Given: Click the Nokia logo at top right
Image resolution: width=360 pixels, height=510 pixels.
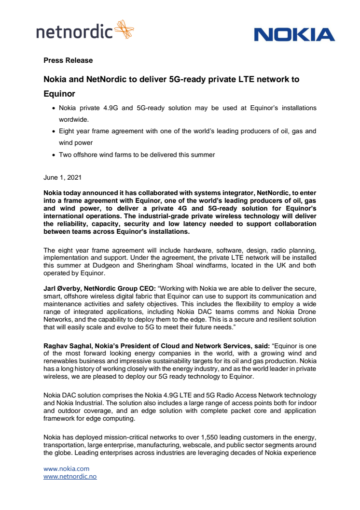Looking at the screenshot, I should coord(294,35).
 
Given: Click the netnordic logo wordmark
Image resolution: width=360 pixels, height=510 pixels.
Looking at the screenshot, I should coord(74,32).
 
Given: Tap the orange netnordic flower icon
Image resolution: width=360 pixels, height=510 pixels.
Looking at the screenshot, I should coord(124,29).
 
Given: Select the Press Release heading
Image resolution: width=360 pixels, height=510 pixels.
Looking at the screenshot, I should coord(68,60).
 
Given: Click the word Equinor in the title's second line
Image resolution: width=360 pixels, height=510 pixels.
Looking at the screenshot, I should coord(59,93).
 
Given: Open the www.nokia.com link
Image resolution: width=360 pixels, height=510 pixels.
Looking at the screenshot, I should coord(67,468).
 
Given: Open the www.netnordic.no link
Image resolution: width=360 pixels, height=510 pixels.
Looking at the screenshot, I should coord(70,476).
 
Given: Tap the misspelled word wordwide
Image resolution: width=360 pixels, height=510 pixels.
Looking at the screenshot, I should coord(73,118).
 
